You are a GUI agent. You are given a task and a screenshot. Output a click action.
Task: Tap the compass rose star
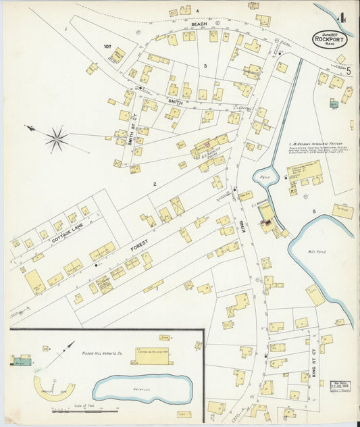point(57,139)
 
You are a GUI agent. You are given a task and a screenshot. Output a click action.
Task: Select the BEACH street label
point(199,24)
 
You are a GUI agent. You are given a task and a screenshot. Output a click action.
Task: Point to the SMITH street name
point(176,102)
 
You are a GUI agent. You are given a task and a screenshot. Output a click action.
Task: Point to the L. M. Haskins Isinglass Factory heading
point(317,144)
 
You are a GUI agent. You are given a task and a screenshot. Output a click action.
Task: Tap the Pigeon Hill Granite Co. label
point(101,353)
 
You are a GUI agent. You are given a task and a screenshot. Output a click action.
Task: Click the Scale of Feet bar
point(84,409)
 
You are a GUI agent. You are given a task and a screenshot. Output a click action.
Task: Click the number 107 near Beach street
point(107,47)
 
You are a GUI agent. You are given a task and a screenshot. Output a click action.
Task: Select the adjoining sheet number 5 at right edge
point(348,70)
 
